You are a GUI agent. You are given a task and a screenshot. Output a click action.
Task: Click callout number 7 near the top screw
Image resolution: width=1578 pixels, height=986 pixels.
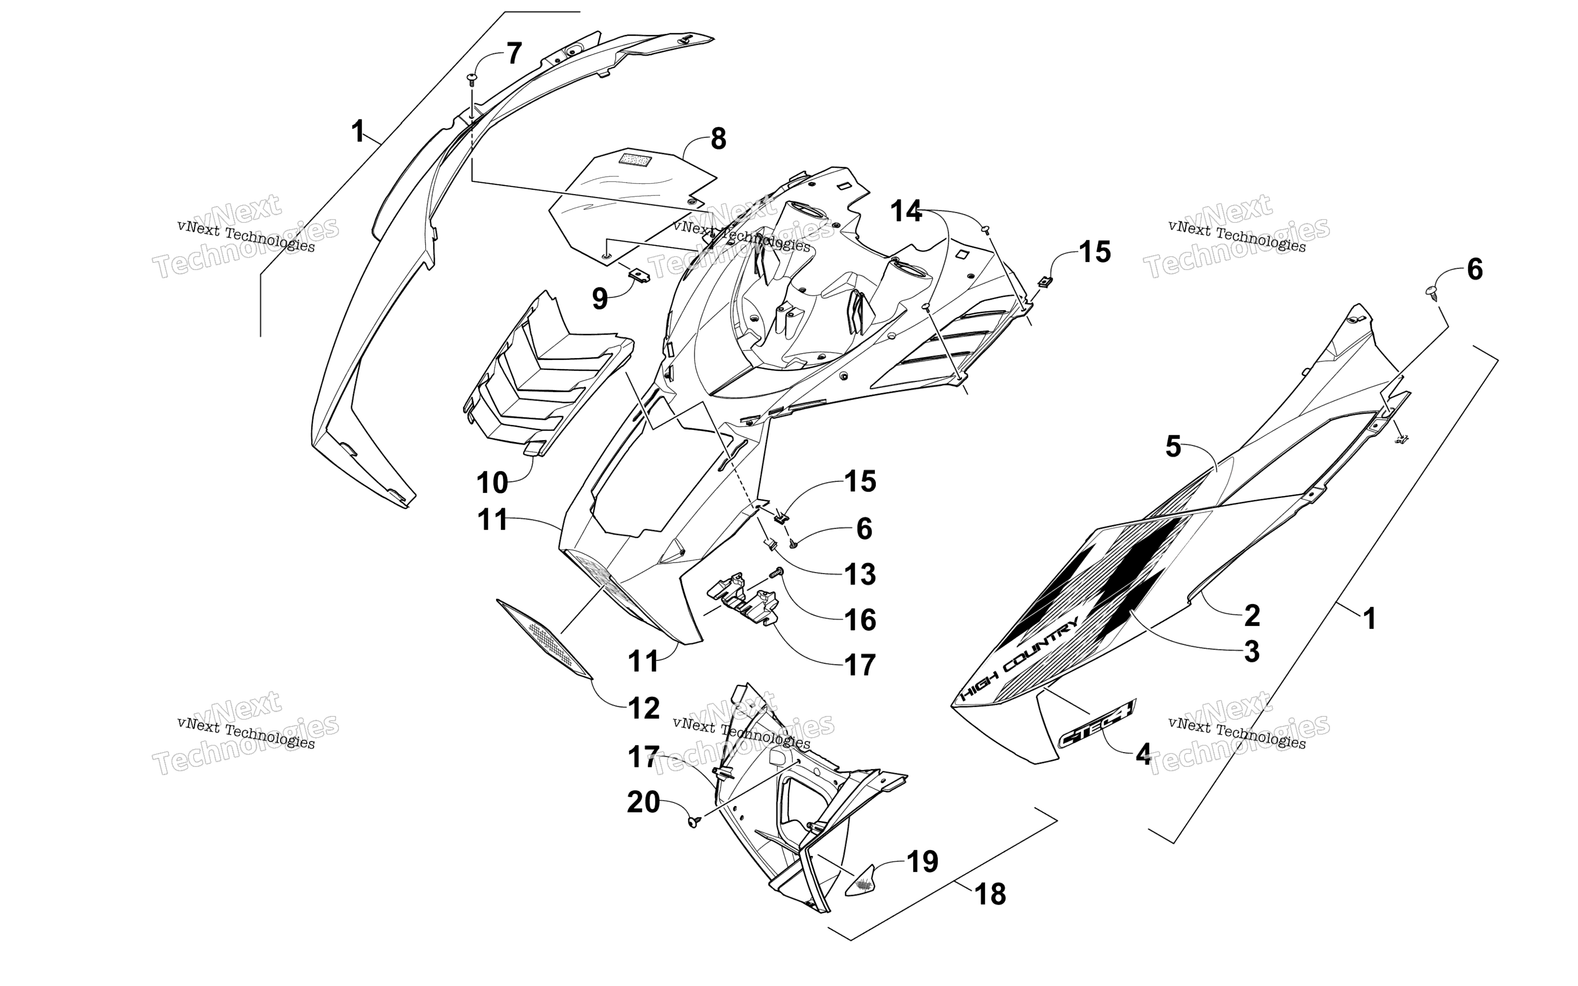point(514,53)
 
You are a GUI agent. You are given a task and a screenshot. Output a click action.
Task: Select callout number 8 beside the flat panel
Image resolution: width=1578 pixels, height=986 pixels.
point(718,139)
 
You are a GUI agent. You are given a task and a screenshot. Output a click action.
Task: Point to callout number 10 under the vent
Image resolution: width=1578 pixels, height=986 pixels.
point(492,483)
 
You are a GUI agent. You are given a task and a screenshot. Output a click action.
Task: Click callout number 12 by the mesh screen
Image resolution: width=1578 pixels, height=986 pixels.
point(644,708)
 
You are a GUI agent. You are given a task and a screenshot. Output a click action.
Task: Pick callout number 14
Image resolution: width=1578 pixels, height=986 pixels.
point(906,211)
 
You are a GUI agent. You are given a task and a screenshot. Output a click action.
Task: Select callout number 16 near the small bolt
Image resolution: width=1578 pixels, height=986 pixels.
point(860,620)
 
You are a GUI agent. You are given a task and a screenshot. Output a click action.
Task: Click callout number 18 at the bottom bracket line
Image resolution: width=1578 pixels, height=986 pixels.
point(991,894)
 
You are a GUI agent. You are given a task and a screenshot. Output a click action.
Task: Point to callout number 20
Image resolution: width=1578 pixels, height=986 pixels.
point(644,802)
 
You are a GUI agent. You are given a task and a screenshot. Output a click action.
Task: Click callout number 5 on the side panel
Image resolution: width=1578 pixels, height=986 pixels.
point(1173,447)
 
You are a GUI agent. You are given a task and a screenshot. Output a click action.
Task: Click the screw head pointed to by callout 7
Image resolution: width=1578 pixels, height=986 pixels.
point(472,79)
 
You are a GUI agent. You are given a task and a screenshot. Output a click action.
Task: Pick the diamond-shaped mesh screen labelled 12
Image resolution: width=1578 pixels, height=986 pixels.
point(545,638)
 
